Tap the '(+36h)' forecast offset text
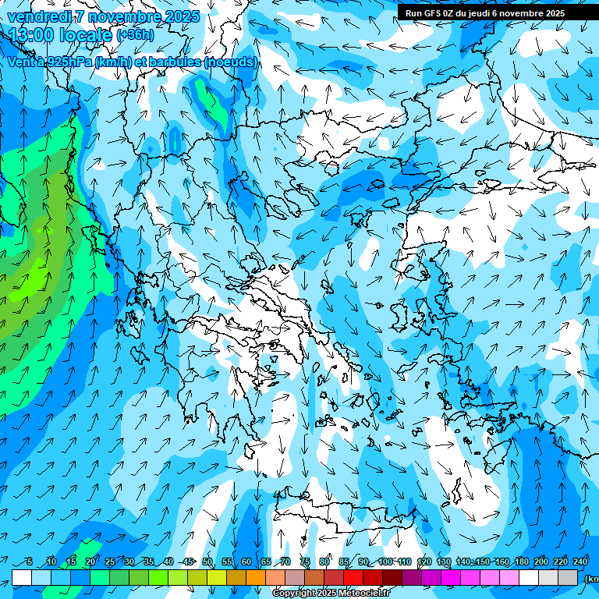tap(135, 35)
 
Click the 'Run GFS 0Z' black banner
tap(485, 12)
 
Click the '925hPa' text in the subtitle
tap(66, 62)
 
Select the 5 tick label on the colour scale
tap(30, 562)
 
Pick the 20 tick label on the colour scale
tap(90, 562)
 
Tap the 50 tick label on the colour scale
tap(207, 562)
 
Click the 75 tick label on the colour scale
tap(305, 562)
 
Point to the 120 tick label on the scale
tap(424, 562)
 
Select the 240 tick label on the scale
tap(580, 562)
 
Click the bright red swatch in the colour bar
tap(353, 577)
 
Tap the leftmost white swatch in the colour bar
tap(22, 577)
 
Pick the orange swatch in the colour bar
tap(256, 577)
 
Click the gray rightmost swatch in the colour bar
tap(569, 577)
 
